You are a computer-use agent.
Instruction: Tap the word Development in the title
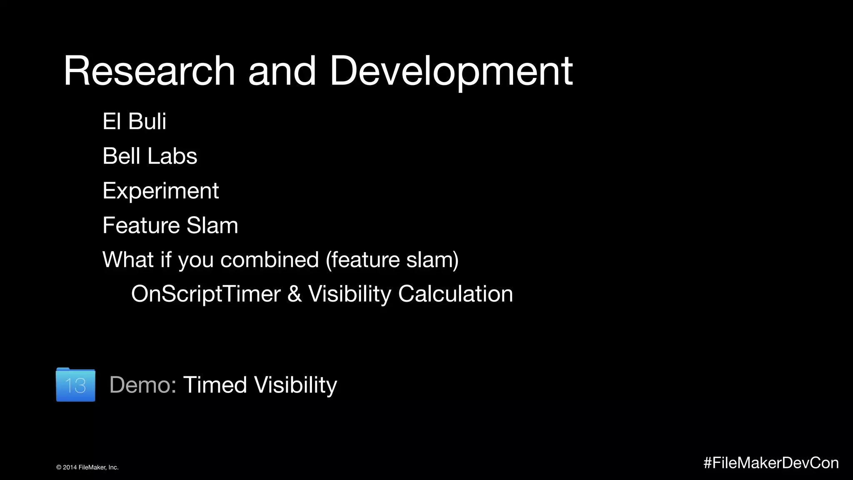click(451, 72)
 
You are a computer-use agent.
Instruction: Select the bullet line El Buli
click(134, 121)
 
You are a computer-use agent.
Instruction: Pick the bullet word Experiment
click(160, 191)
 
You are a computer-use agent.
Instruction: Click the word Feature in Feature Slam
click(141, 225)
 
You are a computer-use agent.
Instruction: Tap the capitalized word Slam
click(212, 225)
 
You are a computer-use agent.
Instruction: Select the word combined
click(269, 260)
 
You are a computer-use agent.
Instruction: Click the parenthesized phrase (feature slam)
click(392, 260)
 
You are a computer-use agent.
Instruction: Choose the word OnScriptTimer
click(206, 294)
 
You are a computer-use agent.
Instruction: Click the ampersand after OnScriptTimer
click(294, 294)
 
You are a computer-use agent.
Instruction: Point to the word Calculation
click(455, 294)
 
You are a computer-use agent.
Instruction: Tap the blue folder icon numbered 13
click(75, 385)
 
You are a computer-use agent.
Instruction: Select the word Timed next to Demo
click(215, 385)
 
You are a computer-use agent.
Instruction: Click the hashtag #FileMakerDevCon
click(771, 463)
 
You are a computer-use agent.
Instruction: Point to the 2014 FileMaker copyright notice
click(87, 467)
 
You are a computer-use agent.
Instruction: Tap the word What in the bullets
click(128, 260)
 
